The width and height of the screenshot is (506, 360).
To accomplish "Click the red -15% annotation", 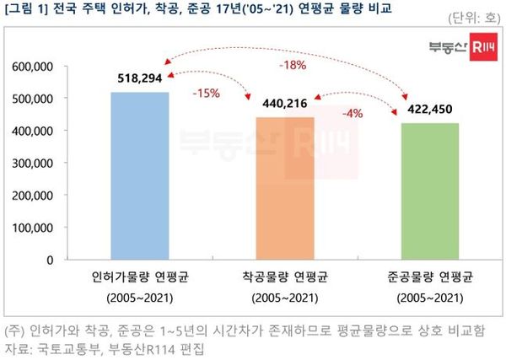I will (207, 93).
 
